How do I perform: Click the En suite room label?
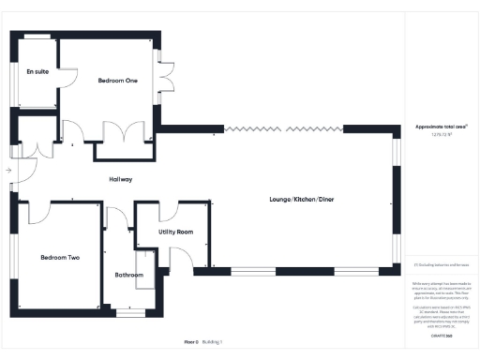[37, 71]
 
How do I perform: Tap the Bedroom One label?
[118, 82]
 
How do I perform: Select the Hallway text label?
[120, 179]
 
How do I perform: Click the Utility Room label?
[175, 231]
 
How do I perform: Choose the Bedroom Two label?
[59, 257]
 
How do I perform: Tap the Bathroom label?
[128, 275]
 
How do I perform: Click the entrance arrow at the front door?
[7, 171]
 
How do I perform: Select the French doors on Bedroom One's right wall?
[165, 77]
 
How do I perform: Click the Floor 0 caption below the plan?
[191, 343]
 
